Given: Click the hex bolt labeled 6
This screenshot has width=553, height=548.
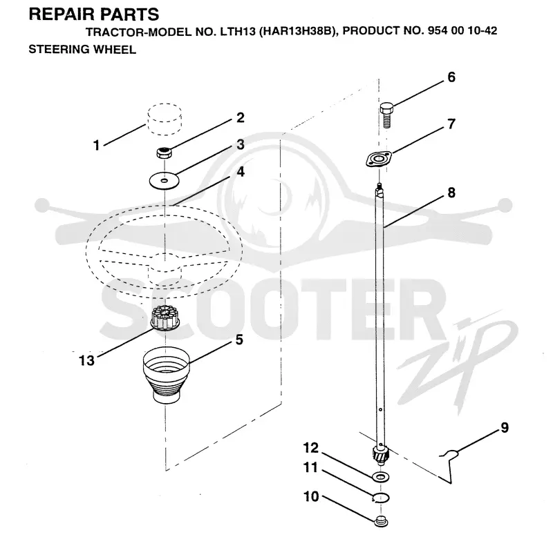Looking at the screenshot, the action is pos(386,115).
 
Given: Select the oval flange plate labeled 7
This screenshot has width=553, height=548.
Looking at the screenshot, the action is pos(378,159).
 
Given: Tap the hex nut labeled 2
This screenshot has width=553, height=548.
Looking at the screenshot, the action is pos(164,153).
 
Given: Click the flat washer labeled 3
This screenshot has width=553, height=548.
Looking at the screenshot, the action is pos(165,181).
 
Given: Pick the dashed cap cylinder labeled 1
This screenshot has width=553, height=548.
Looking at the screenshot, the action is pos(165,119).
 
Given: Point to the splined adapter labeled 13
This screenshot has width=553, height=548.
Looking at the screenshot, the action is pos(165,318).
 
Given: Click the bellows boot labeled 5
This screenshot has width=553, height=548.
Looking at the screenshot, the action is pos(166,375).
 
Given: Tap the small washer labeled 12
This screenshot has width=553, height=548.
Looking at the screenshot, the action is pos(381,477).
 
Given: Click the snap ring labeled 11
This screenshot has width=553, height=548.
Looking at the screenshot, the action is pos(382,498).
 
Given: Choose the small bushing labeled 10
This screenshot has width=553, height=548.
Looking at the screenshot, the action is pos(381,521).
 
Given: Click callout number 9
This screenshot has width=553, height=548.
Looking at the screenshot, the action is pos(505,427).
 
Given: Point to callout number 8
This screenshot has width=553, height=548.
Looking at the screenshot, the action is pos(451,193).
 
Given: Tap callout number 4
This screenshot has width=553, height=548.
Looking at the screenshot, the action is pos(241,172).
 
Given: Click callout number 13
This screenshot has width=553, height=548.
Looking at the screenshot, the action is pos(87,360).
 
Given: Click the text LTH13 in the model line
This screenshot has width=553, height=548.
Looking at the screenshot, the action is pos(238,31).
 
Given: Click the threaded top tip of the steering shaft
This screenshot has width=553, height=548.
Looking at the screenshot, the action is pos(379,185).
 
